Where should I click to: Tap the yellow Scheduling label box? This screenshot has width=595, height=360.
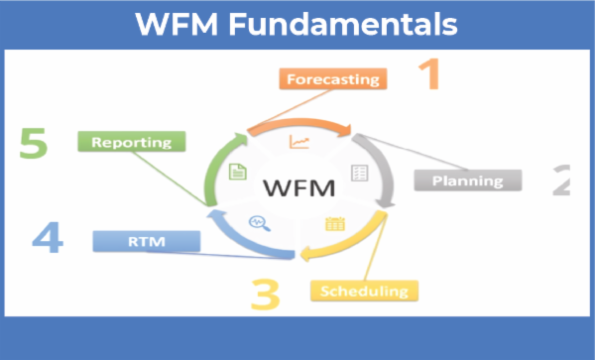(364, 291)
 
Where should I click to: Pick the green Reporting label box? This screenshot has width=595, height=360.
(132, 142)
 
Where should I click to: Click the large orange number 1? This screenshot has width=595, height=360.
(427, 74)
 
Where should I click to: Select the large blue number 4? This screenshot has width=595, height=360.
(49, 239)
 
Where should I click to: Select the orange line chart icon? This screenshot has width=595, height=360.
(298, 143)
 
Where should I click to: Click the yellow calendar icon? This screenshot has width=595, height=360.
(333, 224)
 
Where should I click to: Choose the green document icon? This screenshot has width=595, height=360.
(238, 173)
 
